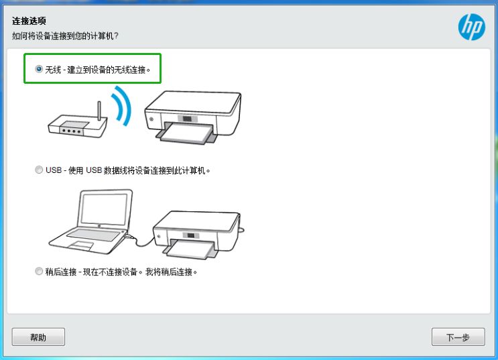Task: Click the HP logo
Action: coord(472,27)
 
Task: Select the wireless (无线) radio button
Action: coord(39,69)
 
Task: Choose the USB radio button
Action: coord(39,170)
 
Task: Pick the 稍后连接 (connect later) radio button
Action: coord(39,272)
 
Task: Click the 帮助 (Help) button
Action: coord(38,337)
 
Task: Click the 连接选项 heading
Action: coord(29,21)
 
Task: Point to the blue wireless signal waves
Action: coord(122,105)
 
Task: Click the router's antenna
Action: coord(99,111)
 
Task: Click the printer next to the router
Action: coord(193,117)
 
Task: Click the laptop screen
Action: coord(106,208)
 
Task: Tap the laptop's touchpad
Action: coord(81,245)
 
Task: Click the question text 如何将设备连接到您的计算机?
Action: coord(65,36)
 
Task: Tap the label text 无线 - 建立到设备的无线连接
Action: coord(97,70)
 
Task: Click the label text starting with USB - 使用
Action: coord(127,171)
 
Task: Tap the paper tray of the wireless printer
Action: coord(187,133)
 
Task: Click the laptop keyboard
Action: coord(93,235)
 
